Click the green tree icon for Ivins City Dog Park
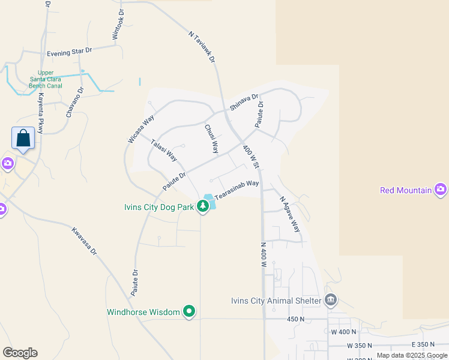(203, 206)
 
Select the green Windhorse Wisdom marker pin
(190, 311)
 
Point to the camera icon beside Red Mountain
(441, 190)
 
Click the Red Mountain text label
(406, 190)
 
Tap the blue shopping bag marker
(23, 138)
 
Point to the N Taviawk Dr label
(202, 47)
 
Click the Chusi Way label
(211, 139)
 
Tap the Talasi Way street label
(164, 151)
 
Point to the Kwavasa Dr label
(85, 241)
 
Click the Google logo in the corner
(20, 353)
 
